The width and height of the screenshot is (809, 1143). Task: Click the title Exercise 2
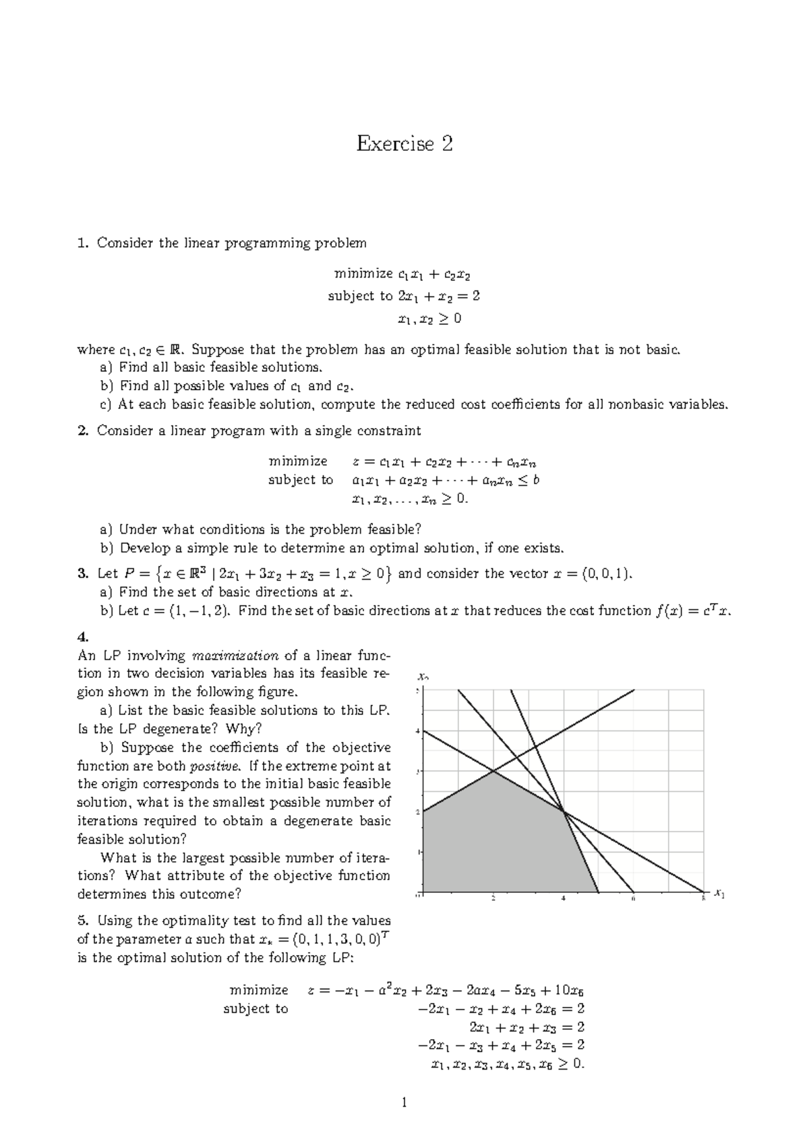point(404,144)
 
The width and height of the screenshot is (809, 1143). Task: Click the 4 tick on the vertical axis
point(417,731)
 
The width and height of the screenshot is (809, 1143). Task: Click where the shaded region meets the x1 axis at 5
point(599,892)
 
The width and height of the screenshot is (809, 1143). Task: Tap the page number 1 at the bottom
point(404,1103)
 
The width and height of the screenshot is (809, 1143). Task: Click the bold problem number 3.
point(83,574)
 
